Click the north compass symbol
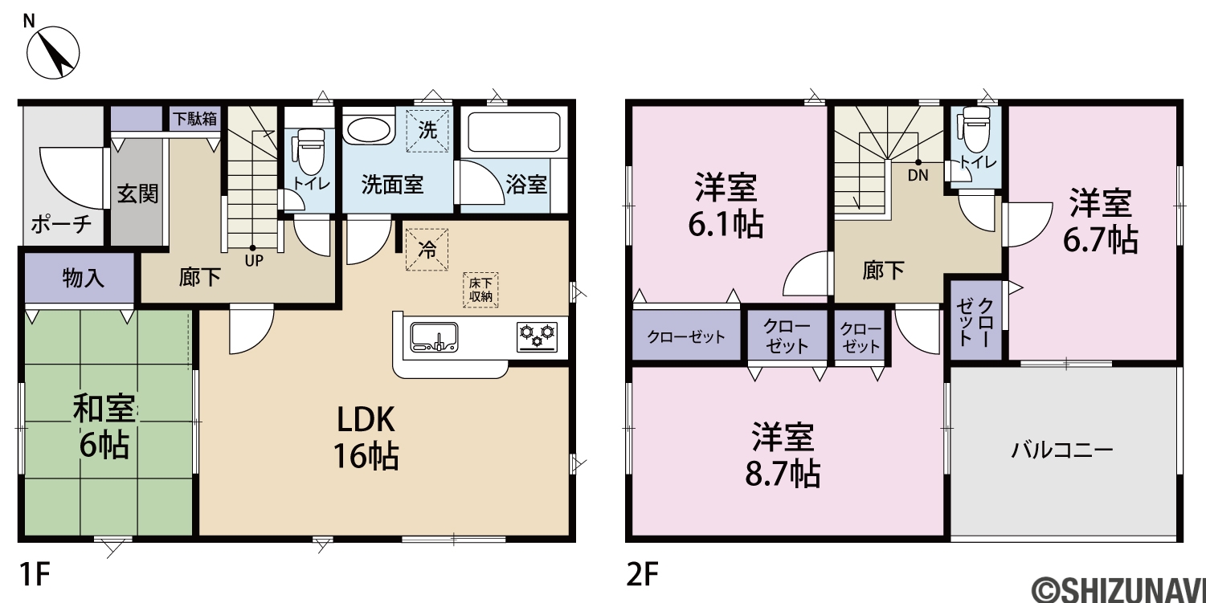(x=53, y=52)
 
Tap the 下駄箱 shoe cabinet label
(x=195, y=118)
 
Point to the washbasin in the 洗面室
(x=369, y=129)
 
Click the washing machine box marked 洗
(x=427, y=130)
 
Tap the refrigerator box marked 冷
(x=427, y=249)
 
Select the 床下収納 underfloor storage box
(x=480, y=290)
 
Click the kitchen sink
(x=434, y=337)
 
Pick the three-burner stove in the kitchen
(x=537, y=337)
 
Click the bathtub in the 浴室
(x=514, y=132)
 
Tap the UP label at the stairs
(x=254, y=261)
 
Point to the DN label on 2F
(x=918, y=175)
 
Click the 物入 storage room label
(x=83, y=278)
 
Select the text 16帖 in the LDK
(x=366, y=457)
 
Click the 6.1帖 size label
(x=726, y=224)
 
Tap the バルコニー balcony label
(x=1062, y=450)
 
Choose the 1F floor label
(x=35, y=574)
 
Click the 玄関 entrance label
(x=138, y=194)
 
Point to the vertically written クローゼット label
(x=975, y=322)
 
